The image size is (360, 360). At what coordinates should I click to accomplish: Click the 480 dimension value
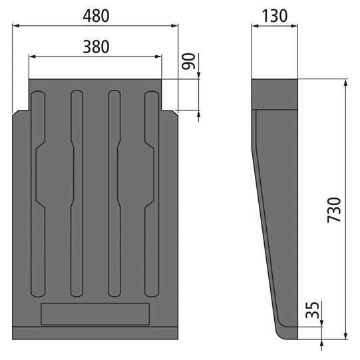click(x=96, y=14)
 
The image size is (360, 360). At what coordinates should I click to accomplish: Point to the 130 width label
click(x=275, y=15)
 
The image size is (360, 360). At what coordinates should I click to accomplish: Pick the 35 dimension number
click(x=310, y=311)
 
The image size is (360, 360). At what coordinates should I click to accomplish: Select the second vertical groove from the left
click(x=77, y=193)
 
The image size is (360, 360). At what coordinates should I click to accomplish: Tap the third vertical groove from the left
click(x=114, y=193)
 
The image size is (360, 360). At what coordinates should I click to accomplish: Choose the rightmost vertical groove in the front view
click(x=151, y=193)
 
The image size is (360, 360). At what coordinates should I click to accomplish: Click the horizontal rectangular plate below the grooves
click(x=95, y=313)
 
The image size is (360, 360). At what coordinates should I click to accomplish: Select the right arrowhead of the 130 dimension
click(x=295, y=26)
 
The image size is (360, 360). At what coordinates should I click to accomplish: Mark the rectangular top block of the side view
click(x=275, y=94)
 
